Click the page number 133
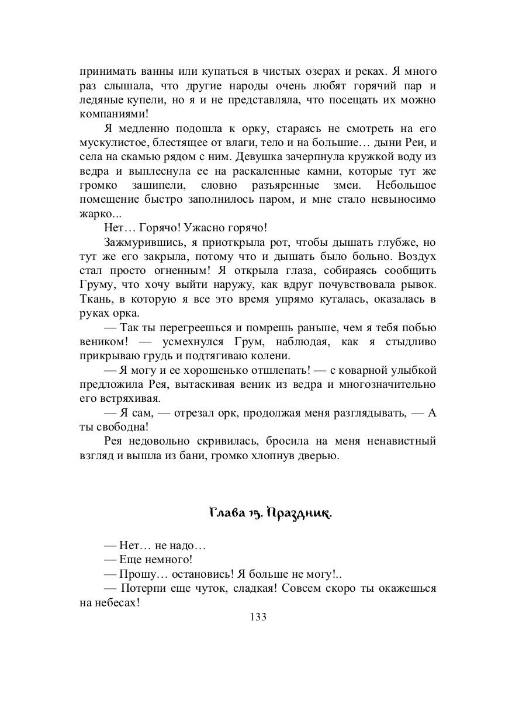tap(258, 617)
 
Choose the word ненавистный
tap(400, 440)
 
